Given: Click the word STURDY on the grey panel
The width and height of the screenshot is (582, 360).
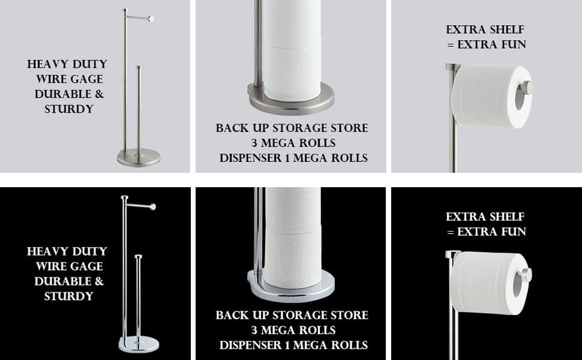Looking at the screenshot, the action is point(68,109).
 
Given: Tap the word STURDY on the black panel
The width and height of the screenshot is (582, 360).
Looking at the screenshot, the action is point(68,296).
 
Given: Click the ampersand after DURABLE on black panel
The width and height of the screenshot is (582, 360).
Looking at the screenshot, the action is point(99,281).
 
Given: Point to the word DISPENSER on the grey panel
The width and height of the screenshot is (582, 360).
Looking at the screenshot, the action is point(251,158).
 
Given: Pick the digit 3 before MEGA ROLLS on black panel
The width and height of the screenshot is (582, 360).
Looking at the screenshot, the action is point(254,330).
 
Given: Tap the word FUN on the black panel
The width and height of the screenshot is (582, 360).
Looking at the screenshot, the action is point(514,232).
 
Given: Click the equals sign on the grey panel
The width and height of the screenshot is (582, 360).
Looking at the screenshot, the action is point(451,45).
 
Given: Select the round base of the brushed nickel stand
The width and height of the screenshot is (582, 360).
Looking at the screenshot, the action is point(139,157).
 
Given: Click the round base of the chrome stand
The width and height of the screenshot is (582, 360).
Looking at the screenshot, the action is point(139,344).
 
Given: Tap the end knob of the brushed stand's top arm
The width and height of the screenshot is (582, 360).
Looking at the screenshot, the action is point(151,19).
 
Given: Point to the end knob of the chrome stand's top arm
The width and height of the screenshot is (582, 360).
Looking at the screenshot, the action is point(152,207).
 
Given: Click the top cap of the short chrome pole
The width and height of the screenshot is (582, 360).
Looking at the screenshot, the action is point(139,256).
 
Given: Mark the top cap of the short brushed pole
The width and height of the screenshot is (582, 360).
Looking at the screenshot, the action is point(139,67).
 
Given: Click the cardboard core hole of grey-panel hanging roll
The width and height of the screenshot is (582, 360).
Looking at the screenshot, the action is point(519,97).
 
